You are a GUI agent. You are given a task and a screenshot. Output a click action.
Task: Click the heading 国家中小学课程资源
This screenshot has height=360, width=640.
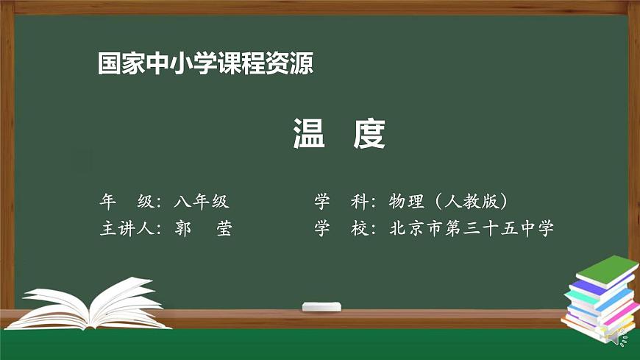pyautogui.click(x=206, y=64)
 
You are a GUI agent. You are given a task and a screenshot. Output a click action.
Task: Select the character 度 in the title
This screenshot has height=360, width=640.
pyautogui.click(x=369, y=135)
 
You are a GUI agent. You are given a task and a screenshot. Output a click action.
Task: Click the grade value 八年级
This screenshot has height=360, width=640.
pyautogui.click(x=202, y=201)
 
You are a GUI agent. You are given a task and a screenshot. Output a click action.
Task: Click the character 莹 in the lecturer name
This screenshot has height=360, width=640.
pyautogui.click(x=224, y=228)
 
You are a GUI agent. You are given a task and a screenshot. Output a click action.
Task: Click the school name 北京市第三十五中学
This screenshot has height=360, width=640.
pyautogui.click(x=472, y=228)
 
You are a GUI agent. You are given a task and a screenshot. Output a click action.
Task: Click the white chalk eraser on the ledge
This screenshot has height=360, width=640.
pyautogui.click(x=321, y=306)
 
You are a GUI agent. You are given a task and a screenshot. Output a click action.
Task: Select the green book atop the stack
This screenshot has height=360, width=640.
pyautogui.click(x=605, y=271)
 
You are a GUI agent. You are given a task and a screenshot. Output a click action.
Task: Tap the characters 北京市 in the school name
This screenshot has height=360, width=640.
pyautogui.click(x=417, y=228)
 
